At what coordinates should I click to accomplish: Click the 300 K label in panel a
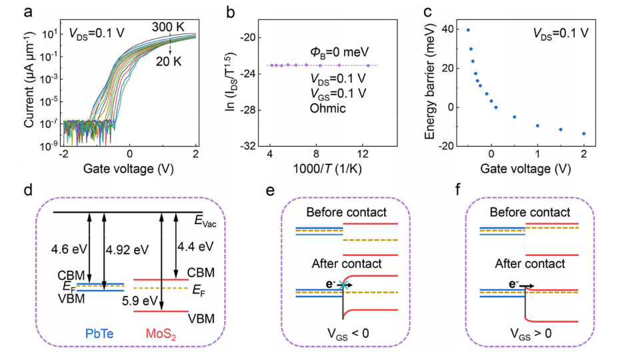[x=168, y=27]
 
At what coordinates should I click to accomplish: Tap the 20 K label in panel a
[x=169, y=61]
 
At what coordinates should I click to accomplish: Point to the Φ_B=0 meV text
[x=339, y=52]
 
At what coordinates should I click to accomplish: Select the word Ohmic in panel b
[x=327, y=108]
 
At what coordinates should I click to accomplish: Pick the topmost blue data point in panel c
[x=468, y=30]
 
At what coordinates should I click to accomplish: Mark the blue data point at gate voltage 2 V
[x=584, y=134]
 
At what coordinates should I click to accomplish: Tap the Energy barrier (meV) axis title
[x=429, y=81]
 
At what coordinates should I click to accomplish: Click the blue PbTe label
[x=99, y=333]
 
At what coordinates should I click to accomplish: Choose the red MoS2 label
[x=161, y=335]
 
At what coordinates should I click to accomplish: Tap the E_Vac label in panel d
[x=205, y=221]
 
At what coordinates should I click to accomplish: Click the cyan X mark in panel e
[x=343, y=285]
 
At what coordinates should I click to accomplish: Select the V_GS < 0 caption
[x=349, y=333]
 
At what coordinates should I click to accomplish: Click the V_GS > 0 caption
[x=531, y=333]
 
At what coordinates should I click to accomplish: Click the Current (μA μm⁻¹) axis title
[x=29, y=81]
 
